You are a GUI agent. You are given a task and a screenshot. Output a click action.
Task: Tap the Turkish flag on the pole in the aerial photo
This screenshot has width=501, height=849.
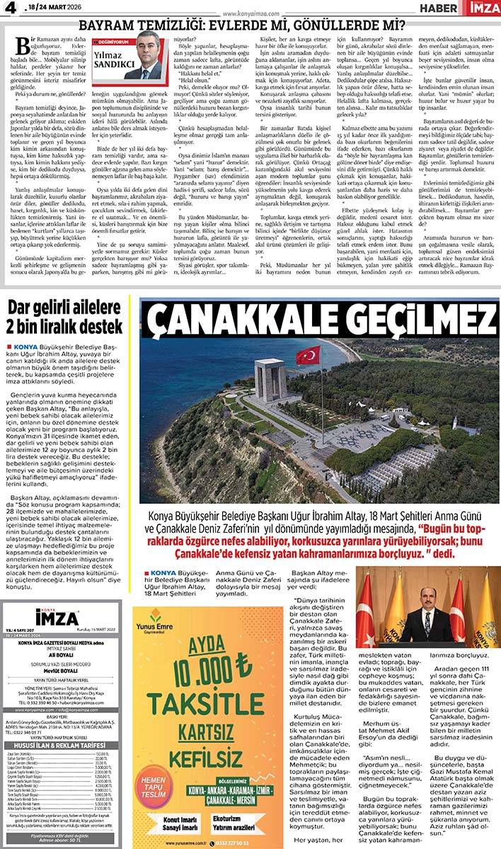click(x=308, y=355)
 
